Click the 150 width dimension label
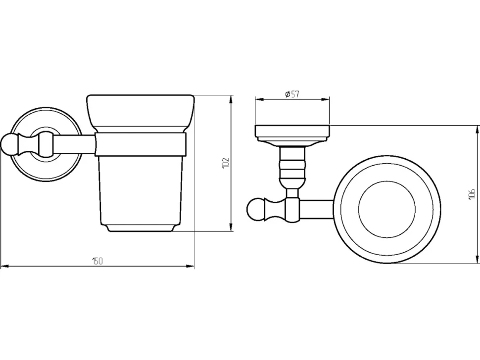tap(97, 261)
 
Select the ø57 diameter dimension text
tap(292, 94)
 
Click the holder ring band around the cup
tap(140, 145)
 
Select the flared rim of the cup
tap(140, 113)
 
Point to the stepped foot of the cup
tap(141, 228)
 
